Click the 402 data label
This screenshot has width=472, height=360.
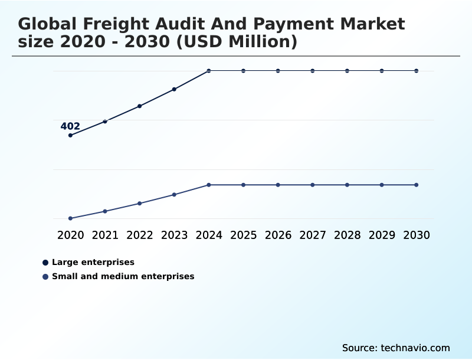click(70, 126)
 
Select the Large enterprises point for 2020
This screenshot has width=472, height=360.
click(71, 135)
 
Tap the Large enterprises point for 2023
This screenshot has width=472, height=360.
click(174, 89)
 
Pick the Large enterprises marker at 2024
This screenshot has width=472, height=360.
click(209, 71)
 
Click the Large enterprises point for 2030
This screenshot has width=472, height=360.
click(417, 71)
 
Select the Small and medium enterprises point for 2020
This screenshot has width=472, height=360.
click(71, 218)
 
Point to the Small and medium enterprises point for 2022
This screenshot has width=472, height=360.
click(140, 203)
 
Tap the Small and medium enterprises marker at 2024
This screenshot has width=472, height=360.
click(209, 185)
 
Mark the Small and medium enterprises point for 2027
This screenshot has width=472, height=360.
click(313, 185)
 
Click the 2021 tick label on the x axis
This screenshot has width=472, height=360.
click(105, 235)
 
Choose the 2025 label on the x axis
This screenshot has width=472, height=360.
click(243, 235)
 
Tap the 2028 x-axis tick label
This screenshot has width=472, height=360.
click(347, 235)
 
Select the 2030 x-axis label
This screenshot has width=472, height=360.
click(417, 235)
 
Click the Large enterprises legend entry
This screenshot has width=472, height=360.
click(93, 262)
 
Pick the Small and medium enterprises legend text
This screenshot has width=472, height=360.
click(123, 276)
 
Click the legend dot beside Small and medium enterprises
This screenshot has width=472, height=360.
click(45, 276)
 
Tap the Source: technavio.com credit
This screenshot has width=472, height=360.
click(396, 348)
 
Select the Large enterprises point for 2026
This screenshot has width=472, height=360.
click(278, 71)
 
